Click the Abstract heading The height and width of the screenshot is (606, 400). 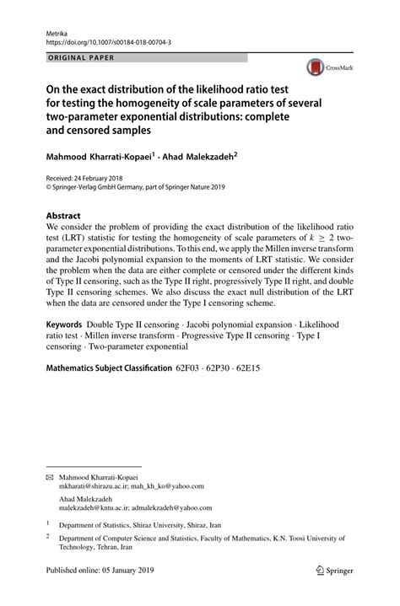(x=66, y=214)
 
